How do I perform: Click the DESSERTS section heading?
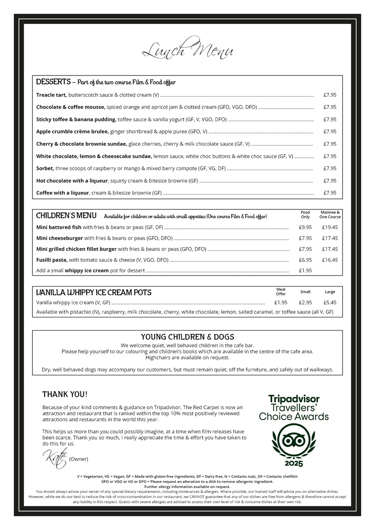tap(53, 82)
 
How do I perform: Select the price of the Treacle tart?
tap(330, 95)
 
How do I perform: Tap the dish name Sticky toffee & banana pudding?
tap(76, 119)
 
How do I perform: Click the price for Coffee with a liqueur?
tap(330, 193)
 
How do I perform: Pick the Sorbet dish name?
tap(45, 168)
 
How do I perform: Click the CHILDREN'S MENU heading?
tap(66, 216)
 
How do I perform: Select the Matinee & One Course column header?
tap(330, 214)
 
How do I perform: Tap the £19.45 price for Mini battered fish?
tap(330, 227)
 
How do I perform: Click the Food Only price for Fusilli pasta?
tap(305, 260)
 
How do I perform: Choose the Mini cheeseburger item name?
tap(60, 238)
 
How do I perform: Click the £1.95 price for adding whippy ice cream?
tap(305, 271)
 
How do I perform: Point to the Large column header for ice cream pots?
tap(330, 292)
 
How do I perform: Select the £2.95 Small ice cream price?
tap(305, 303)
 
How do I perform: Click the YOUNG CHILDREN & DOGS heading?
tap(187, 337)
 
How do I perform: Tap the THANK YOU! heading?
tap(65, 394)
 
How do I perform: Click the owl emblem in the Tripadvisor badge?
tap(294, 440)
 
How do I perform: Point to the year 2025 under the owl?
tap(294, 463)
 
